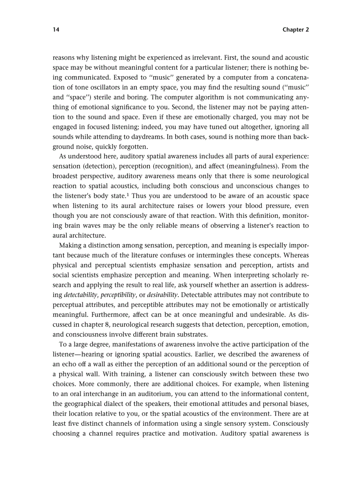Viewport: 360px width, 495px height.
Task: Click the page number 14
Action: [56, 30]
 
